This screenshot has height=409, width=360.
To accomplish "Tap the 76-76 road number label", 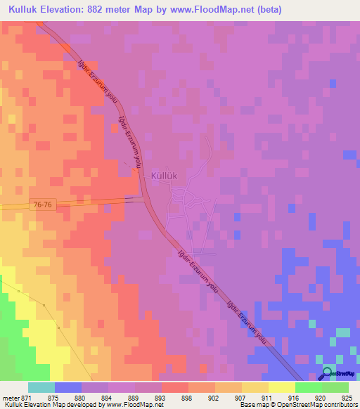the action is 42,204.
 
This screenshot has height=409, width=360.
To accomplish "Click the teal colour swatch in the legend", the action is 41,387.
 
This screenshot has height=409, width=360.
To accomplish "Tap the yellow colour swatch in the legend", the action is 281,387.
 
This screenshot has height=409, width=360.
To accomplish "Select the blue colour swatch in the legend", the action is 68,387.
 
